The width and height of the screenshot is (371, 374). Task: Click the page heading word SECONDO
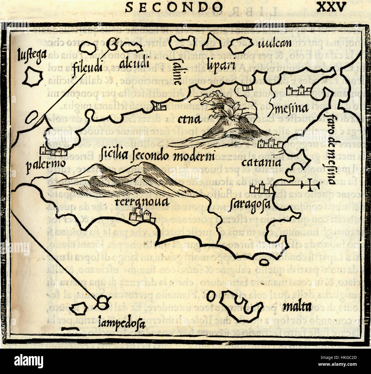pyautogui.click(x=174, y=7)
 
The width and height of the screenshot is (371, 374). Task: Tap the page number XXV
pyautogui.click(x=332, y=6)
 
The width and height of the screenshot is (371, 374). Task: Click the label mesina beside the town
pyautogui.click(x=292, y=109)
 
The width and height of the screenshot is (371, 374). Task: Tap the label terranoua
pyautogui.click(x=141, y=202)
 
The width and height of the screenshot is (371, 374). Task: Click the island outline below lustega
pyautogui.click(x=33, y=76)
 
